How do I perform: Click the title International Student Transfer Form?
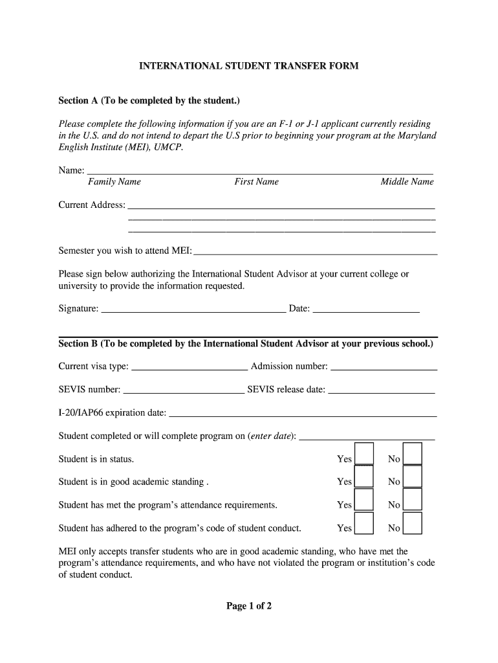point(249,66)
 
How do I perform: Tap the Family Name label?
point(114,182)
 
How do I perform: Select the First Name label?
point(256,182)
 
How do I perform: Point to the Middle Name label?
point(407,182)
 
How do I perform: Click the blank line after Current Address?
point(281,208)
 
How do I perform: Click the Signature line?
point(194,311)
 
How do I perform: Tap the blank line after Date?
point(366,311)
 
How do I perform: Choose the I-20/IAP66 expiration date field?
point(302,416)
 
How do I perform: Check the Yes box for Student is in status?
point(364,455)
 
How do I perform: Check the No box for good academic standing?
point(412,477)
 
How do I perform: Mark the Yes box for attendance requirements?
point(364,500)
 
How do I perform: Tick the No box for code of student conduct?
point(412,523)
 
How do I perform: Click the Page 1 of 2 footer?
point(249,607)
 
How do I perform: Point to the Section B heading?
point(246,344)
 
